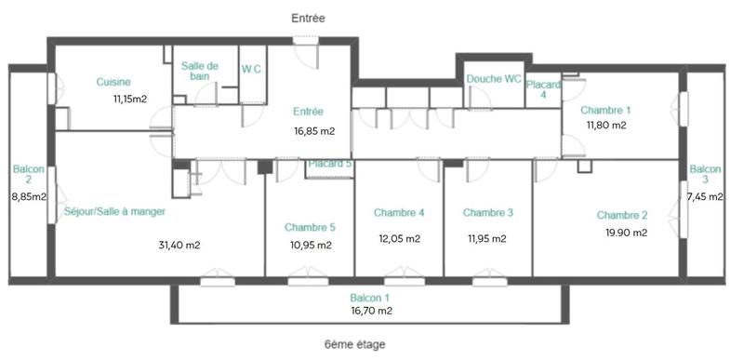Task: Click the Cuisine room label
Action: coord(113,82)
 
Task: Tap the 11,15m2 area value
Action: coord(131,98)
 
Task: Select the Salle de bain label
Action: coord(200,71)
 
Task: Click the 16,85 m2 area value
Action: coord(314,131)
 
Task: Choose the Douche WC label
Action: coord(493,79)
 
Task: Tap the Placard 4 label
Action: coord(543,88)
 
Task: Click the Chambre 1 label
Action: coord(608,109)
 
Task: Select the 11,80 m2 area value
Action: coord(605,125)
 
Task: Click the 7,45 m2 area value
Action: coord(704,197)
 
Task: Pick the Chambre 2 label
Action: coord(623,215)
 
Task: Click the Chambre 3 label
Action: coord(488,213)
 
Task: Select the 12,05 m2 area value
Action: coord(399,238)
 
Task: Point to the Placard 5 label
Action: coord(330,164)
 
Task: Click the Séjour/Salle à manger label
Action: coord(115,211)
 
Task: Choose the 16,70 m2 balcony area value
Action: coord(371,312)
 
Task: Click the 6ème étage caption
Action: coord(354,344)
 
